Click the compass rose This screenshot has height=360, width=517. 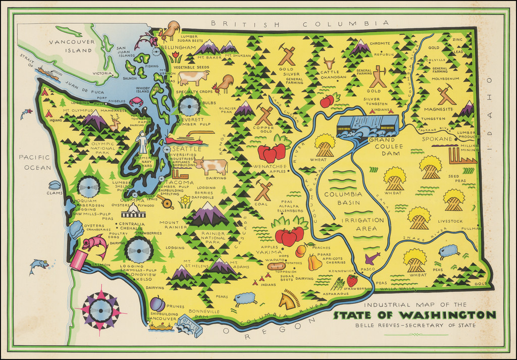pos(100,310)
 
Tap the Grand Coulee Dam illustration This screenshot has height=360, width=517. pos(368,126)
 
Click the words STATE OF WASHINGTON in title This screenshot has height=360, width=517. pos(414,316)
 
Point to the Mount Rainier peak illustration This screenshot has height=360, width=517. pos(208,215)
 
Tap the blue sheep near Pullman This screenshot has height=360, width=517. pos(449,251)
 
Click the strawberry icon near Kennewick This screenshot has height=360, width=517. pos(352,280)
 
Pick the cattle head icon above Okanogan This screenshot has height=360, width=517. pos(329,63)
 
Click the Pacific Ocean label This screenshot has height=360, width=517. pos(34,162)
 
